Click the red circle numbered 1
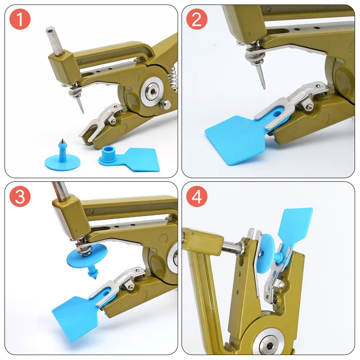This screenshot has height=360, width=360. click(20, 19)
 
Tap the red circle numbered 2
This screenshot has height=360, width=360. click(197, 19)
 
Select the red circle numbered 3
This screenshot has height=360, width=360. click(20, 196)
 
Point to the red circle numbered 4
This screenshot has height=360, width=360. click(197, 196)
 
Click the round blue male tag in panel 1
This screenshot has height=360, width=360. click(62, 158)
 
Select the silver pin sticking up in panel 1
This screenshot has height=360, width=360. click(54, 41)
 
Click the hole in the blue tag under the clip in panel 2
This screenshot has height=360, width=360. click(278, 113)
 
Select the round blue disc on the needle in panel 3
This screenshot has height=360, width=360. click(87, 257)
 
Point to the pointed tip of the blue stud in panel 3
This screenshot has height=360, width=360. click(94, 278)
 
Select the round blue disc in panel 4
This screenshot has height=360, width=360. click(266, 253)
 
